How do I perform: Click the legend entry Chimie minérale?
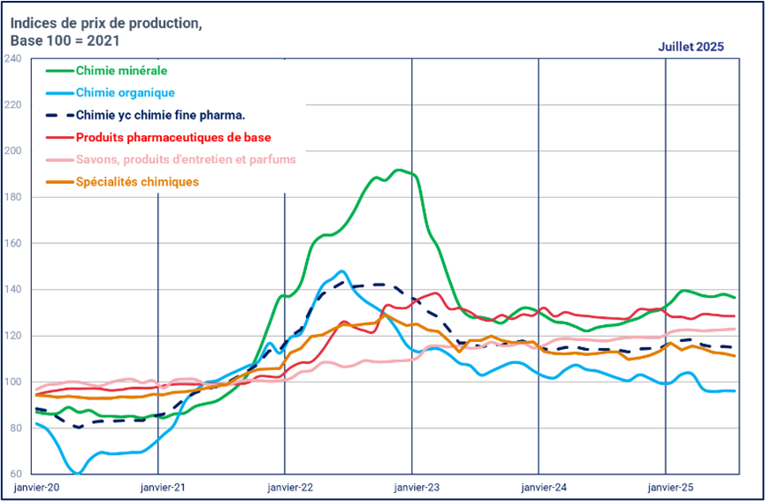click(121, 70)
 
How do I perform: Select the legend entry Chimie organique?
click(125, 92)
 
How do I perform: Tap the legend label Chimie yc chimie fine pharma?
click(160, 114)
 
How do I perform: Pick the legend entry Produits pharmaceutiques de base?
click(173, 137)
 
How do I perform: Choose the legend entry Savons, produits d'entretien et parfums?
click(186, 159)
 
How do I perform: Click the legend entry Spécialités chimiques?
click(137, 182)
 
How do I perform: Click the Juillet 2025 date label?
click(691, 46)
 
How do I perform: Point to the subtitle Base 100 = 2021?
click(64, 41)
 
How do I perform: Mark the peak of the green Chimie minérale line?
click(399, 170)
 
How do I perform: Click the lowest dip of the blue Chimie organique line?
click(77, 474)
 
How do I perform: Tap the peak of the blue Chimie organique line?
click(342, 271)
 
